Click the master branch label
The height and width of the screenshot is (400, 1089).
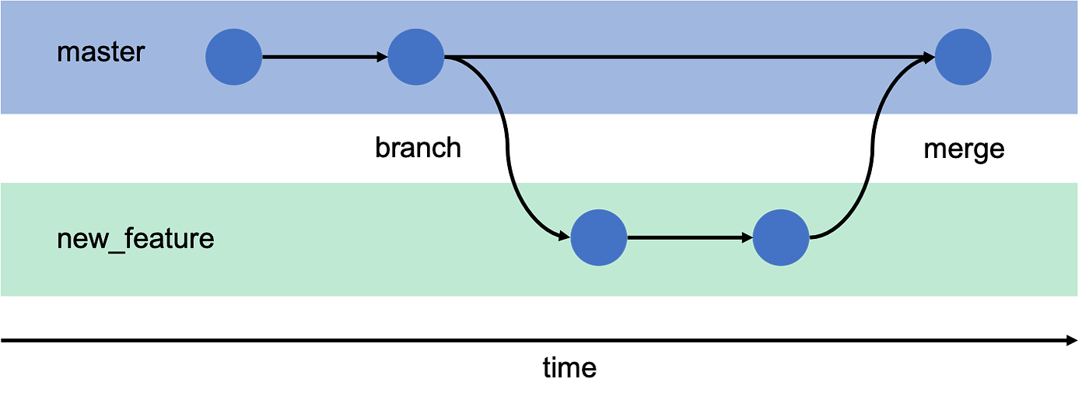point(101,53)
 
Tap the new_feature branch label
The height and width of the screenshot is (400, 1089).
point(135,238)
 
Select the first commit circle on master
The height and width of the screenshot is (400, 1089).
point(233,57)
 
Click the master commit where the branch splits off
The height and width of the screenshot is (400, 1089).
point(417,57)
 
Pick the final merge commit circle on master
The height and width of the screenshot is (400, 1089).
point(963,57)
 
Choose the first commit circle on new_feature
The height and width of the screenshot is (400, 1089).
point(598,237)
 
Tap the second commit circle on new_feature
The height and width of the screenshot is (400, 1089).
point(781,237)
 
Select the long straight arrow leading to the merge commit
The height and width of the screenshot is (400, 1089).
point(685,57)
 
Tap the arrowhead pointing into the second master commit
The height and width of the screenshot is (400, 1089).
point(382,57)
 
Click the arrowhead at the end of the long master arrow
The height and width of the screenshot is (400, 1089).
point(928,57)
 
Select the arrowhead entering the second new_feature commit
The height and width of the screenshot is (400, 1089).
point(746,237)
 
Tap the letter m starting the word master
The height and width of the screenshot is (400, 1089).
point(67,54)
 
